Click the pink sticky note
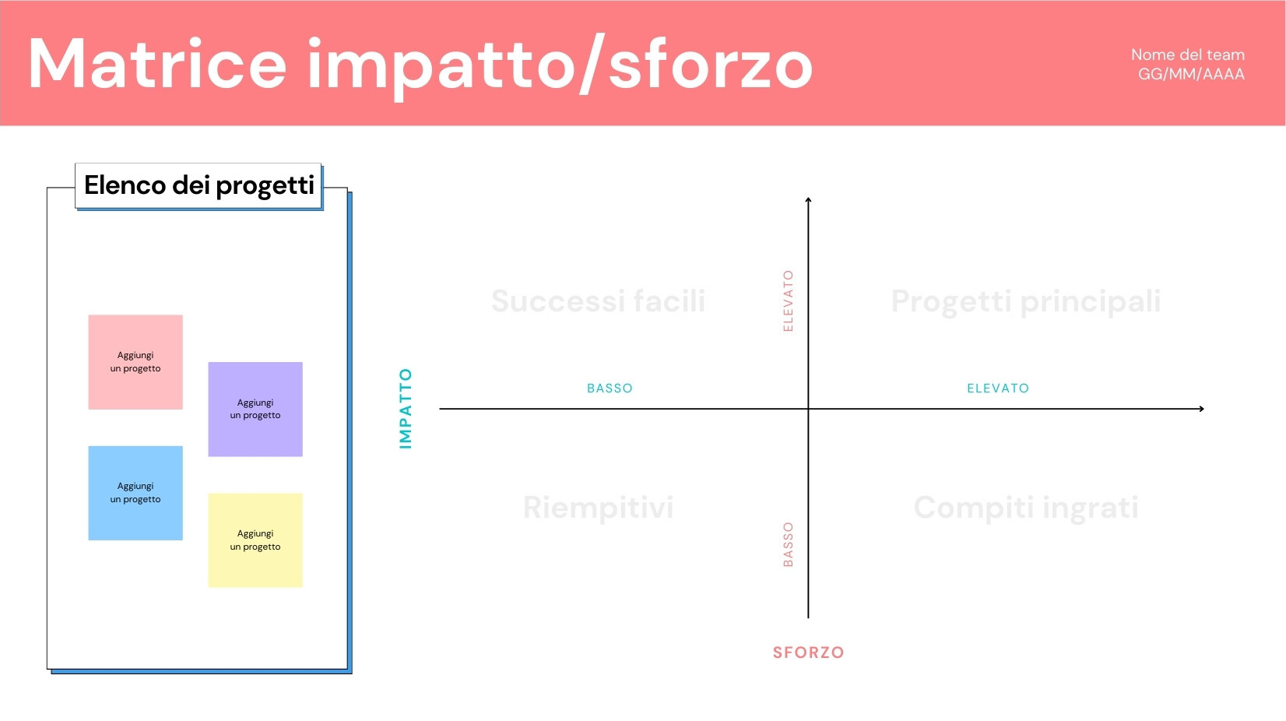135,362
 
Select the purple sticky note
255,409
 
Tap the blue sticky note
135,493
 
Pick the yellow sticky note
255,540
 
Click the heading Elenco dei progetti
199,185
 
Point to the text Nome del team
1187,55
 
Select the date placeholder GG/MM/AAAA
1191,75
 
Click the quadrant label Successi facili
598,301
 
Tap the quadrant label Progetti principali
1025,301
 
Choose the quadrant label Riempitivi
598,508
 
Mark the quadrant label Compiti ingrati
1025,508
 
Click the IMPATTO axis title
406,408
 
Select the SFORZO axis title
808,652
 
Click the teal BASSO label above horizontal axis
610,389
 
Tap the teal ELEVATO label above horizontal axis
998,389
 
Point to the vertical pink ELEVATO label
788,301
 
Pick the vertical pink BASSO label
788,544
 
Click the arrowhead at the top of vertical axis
808,201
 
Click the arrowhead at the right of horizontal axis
1201,409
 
